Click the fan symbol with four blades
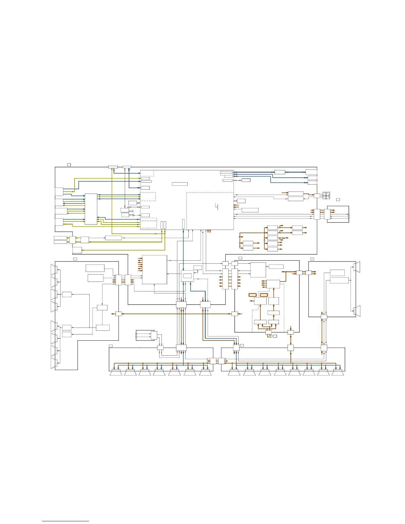(x=327, y=196)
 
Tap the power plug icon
(x=275, y=336)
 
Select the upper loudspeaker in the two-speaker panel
(x=357, y=267)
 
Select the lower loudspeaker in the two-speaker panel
(x=357, y=311)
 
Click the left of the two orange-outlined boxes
(x=252, y=295)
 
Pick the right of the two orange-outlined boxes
(x=264, y=295)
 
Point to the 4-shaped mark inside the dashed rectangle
(x=217, y=207)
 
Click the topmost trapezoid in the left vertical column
(x=54, y=270)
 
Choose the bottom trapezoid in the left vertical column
(x=54, y=363)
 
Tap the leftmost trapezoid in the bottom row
(x=116, y=373)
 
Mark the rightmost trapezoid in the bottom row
(x=337, y=373)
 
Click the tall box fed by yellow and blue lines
(x=91, y=209)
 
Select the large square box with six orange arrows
(x=155, y=269)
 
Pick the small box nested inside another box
(x=187, y=276)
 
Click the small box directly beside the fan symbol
(x=317, y=196)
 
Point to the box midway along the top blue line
(x=280, y=172)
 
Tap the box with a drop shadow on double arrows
(x=246, y=180)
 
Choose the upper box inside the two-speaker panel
(x=337, y=273)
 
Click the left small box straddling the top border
(x=113, y=167)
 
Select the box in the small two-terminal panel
(x=154, y=335)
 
